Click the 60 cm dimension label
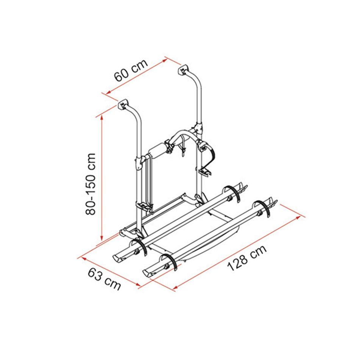pyautogui.click(x=131, y=70)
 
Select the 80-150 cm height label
pyautogui.click(x=90, y=184)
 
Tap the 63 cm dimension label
pyautogui.click(x=104, y=279)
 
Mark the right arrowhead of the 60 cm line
pyautogui.click(x=165, y=61)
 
